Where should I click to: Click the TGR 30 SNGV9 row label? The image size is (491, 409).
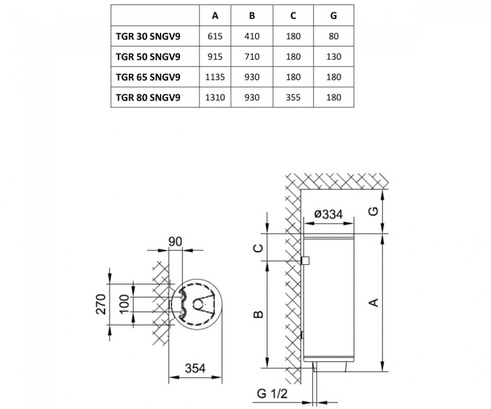tap(148, 36)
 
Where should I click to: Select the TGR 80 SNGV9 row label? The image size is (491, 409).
tap(148, 98)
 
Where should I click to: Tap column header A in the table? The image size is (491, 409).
tap(215, 16)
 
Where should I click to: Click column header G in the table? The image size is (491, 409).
tap(334, 16)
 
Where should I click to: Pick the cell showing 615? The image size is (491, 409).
tap(215, 36)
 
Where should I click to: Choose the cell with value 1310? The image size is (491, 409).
tap(215, 98)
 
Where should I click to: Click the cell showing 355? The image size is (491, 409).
tap(293, 98)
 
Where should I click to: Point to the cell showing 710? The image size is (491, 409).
tap(252, 57)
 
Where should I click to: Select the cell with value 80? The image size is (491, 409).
tap(334, 36)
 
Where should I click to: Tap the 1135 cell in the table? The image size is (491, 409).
tap(215, 77)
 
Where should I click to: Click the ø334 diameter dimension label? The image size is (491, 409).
tap(329, 214)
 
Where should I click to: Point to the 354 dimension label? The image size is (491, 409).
tap(195, 368)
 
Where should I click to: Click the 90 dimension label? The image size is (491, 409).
tap(175, 242)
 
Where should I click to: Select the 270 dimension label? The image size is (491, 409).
tap(101, 304)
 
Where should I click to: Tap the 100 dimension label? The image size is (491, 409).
tap(124, 304)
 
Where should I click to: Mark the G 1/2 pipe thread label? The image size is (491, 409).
tap(272, 393)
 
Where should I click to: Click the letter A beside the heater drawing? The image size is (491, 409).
tap(374, 303)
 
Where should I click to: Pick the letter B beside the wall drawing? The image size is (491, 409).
tap(258, 314)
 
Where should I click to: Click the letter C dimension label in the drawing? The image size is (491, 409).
tap(258, 248)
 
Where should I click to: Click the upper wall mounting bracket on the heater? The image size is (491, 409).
tap(305, 261)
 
